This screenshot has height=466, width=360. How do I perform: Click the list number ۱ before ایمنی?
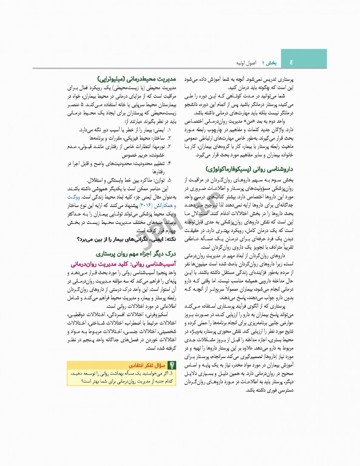[x=169, y=130]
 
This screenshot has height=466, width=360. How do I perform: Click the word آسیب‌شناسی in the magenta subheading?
[x=155, y=266]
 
